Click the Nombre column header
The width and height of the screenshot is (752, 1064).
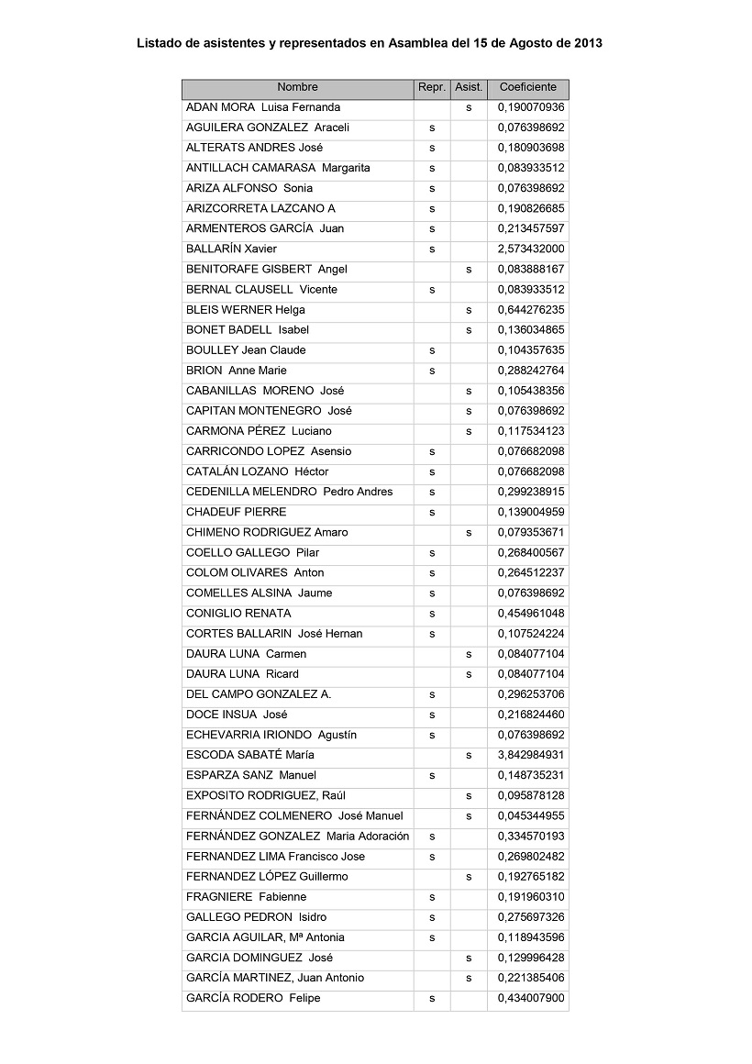tap(297, 88)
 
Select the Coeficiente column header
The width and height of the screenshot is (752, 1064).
tap(527, 88)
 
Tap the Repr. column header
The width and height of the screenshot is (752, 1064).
tap(431, 88)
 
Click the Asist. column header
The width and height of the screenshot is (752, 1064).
tap(469, 88)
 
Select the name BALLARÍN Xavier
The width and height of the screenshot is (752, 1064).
tap(231, 249)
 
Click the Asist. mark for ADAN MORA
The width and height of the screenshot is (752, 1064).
tap(469, 108)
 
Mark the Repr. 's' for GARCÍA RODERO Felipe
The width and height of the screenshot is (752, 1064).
tap(432, 999)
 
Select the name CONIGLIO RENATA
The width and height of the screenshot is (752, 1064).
tap(238, 614)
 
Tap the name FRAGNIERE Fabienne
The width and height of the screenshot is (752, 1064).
tap(247, 897)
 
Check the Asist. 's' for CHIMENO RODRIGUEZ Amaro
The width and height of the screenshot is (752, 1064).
tap(469, 533)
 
